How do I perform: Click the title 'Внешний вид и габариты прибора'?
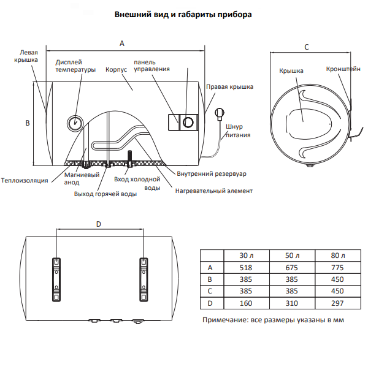tap(183, 14)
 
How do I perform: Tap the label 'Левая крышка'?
tap(26, 56)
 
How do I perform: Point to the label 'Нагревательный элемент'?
tap(213, 191)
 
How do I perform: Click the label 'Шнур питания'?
tap(237, 131)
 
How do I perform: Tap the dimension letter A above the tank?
tap(122, 43)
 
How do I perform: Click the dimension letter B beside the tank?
tap(27, 123)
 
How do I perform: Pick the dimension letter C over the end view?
tap(307, 47)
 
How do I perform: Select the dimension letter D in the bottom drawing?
tap(99, 224)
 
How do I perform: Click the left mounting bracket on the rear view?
tap(56, 278)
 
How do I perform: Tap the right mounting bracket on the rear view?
tap(142, 278)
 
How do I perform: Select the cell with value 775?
tap(338, 267)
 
